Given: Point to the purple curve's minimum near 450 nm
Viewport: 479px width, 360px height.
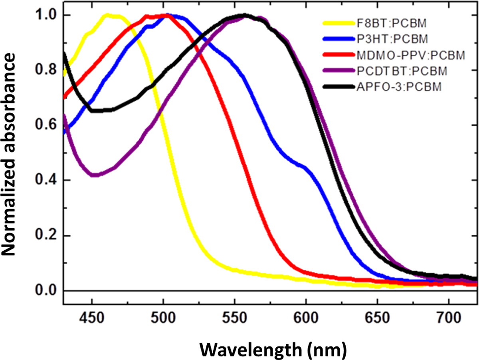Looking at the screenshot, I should [94, 175].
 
